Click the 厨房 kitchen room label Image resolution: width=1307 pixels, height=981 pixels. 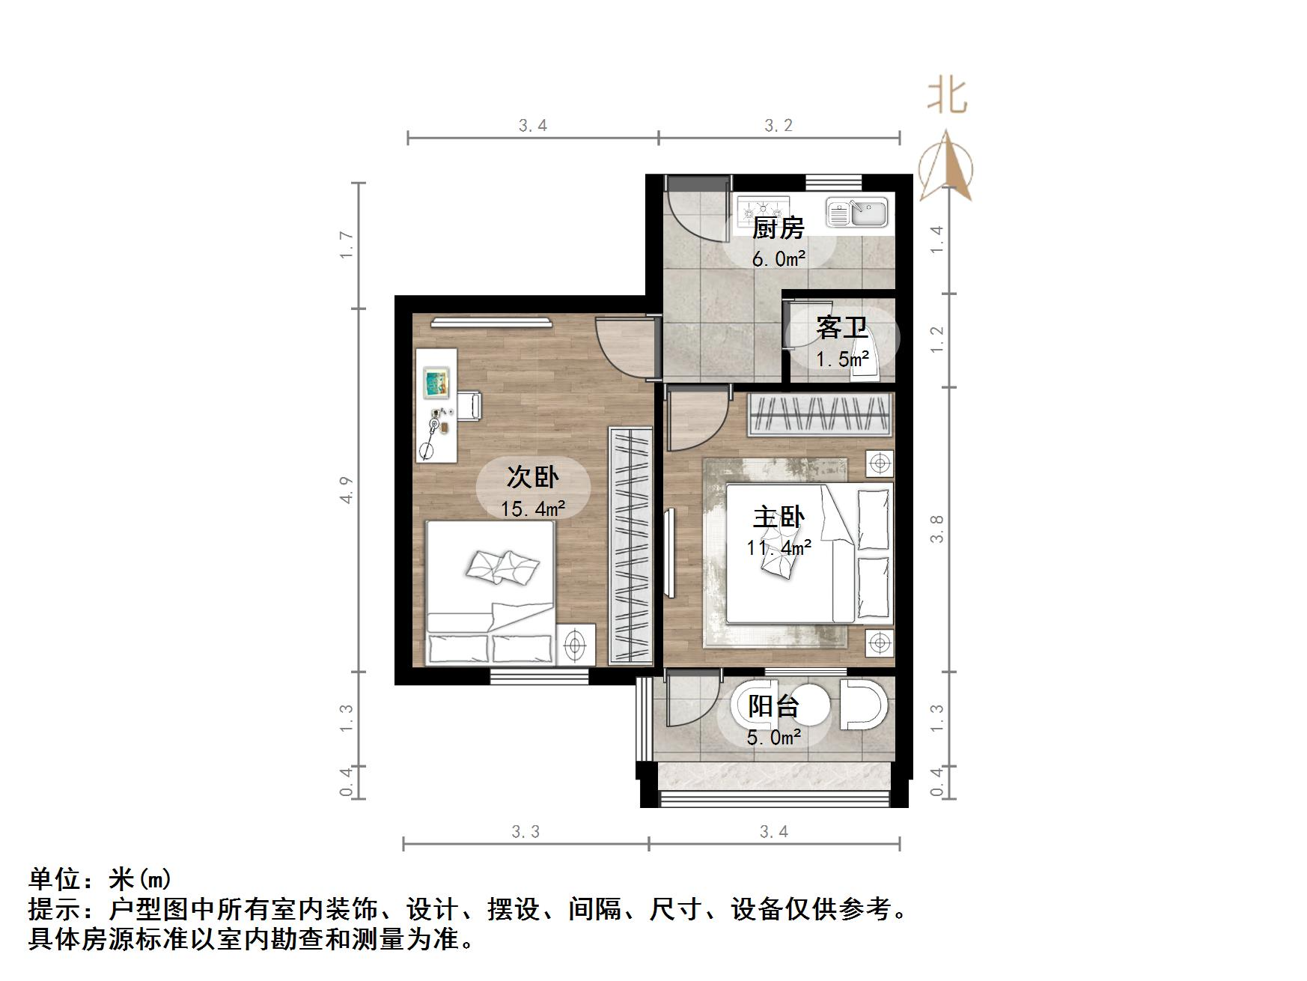(x=778, y=228)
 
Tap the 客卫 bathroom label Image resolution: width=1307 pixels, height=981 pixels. (x=841, y=328)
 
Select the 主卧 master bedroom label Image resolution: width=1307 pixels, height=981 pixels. (x=779, y=517)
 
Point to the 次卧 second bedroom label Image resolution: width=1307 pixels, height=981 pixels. (x=533, y=476)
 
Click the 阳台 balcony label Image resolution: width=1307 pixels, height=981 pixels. (x=774, y=706)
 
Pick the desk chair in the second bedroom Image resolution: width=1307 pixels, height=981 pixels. (x=471, y=405)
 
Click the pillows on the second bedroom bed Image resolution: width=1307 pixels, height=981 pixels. (x=502, y=567)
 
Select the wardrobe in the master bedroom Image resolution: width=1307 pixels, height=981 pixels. (x=820, y=413)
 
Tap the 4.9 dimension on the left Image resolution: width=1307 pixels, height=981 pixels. (x=347, y=490)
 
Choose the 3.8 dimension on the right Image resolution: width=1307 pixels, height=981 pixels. (x=937, y=529)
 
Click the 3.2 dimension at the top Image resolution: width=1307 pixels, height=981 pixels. (x=779, y=126)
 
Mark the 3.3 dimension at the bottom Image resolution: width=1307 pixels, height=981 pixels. (x=525, y=831)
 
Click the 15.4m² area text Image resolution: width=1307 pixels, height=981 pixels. (x=533, y=509)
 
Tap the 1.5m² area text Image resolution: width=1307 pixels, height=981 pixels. (x=842, y=359)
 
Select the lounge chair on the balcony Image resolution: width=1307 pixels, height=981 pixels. (x=863, y=704)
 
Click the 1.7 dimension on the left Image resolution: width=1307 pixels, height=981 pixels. (x=347, y=245)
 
